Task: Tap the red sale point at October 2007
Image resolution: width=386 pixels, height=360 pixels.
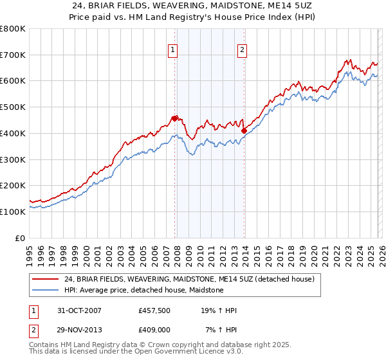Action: (x=174, y=118)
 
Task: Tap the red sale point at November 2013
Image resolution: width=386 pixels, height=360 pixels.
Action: (x=244, y=130)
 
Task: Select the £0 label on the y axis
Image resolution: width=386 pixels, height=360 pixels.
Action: (x=19, y=237)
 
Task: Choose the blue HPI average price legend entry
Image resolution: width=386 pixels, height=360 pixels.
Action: (x=143, y=291)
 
